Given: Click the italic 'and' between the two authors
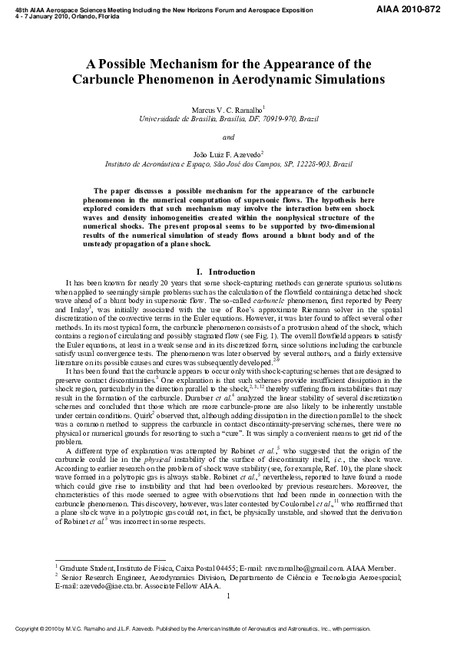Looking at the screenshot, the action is coord(228,137).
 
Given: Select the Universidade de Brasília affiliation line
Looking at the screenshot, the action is coord(228,120).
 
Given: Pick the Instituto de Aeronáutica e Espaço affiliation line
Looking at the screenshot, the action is coord(228,164).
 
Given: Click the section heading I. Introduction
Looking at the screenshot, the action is coord(228,272).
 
